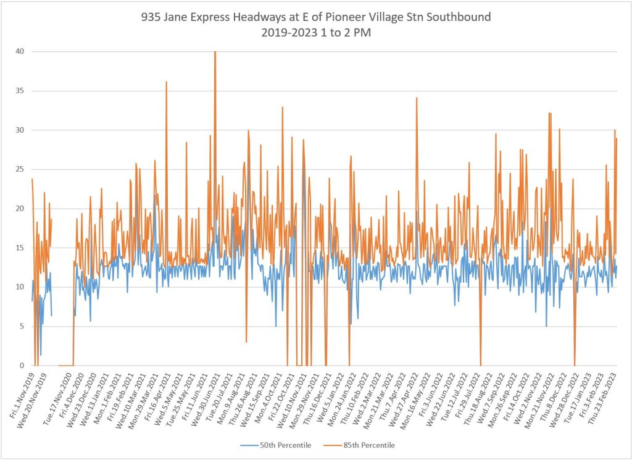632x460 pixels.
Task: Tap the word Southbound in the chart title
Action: (460, 17)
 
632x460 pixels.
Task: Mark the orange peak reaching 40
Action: (215, 52)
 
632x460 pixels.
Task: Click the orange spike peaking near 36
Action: (166, 83)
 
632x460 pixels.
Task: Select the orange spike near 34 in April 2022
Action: (417, 99)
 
